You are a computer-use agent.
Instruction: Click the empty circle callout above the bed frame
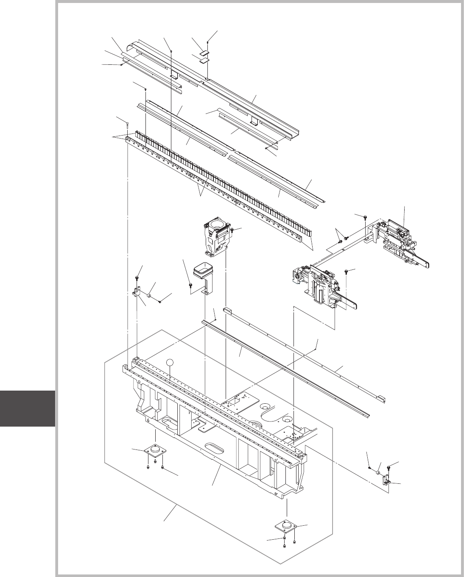(170, 363)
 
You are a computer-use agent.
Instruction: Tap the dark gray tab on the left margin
(28, 408)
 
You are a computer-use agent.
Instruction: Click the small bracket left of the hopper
(136, 292)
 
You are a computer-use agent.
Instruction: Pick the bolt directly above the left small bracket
(138, 278)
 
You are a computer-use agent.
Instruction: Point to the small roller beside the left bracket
(150, 294)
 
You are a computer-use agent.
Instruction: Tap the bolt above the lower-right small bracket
(389, 467)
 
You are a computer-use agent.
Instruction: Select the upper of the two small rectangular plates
(205, 53)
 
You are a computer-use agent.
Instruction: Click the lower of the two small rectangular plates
(205, 60)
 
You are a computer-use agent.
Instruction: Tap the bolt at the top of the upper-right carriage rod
(365, 217)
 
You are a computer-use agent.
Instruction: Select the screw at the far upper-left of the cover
(121, 65)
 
